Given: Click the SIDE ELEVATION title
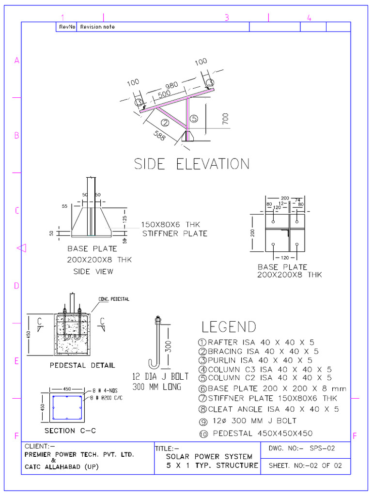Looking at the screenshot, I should tap(192, 164).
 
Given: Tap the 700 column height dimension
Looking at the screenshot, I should tap(226, 119).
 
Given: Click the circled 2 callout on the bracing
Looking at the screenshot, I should tap(165, 123).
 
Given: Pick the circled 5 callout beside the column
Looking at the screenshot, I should tap(193, 118).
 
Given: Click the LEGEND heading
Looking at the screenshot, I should tap(229, 327).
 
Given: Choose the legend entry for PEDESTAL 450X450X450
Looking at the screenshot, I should tap(257, 434).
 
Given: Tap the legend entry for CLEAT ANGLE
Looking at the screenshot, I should tap(269, 409).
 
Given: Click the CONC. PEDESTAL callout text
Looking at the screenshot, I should tap(114, 299).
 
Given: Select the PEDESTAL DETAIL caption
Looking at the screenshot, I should tap(82, 365).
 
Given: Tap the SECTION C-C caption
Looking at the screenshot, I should tap(67, 431).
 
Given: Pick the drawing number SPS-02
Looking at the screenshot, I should tap(323, 449).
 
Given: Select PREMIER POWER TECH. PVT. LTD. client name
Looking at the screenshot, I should tap(79, 455).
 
